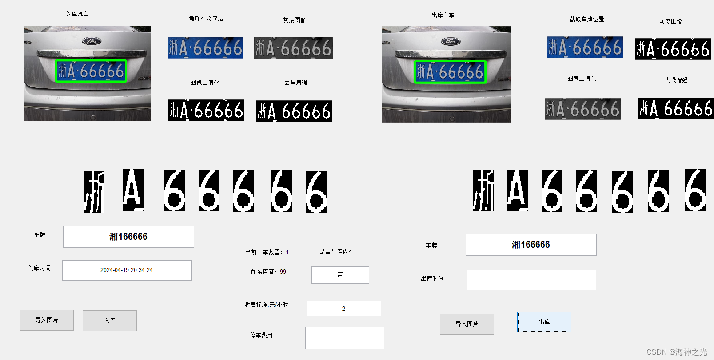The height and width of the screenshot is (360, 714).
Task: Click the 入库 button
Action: click(x=109, y=320)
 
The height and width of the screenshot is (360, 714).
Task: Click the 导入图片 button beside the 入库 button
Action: click(x=47, y=320)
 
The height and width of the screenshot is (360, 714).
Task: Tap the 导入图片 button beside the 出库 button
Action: click(x=467, y=324)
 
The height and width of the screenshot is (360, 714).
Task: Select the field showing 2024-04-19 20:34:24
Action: click(x=127, y=270)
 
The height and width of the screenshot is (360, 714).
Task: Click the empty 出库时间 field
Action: click(x=531, y=280)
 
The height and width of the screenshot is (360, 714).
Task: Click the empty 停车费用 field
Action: click(x=344, y=338)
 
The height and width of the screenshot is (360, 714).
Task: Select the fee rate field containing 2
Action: click(x=343, y=309)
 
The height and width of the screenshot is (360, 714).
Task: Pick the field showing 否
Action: click(x=340, y=275)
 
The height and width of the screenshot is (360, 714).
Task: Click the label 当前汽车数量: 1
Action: click(x=267, y=252)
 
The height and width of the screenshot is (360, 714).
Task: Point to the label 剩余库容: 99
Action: click(x=268, y=272)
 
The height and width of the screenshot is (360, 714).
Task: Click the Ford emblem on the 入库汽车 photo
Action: click(x=92, y=41)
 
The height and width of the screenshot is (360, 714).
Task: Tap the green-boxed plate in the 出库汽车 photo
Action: click(x=450, y=72)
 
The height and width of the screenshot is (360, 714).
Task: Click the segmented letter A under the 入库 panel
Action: click(x=133, y=190)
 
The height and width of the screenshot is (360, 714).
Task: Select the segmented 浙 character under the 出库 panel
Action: click(x=483, y=190)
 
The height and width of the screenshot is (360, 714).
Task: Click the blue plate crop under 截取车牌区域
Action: click(x=205, y=47)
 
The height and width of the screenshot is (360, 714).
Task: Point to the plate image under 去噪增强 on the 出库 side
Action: click(x=675, y=109)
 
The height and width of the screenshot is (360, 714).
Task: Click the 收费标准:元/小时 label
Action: click(x=266, y=305)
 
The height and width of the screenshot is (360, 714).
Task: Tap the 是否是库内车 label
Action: click(x=337, y=252)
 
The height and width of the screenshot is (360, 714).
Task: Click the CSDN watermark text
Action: click(x=676, y=352)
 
